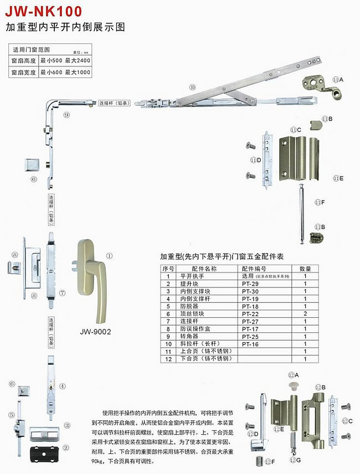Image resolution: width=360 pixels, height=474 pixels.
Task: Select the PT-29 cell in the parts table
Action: click(250, 284)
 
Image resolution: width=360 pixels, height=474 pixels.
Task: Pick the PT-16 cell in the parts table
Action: click(250, 344)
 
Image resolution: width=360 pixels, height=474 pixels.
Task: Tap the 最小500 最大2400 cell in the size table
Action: click(65, 60)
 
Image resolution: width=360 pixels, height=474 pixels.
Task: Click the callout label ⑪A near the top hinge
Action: click(338, 80)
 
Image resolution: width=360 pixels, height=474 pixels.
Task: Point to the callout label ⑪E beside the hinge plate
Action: click(338, 178)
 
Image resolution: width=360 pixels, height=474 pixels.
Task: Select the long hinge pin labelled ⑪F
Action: click(300, 214)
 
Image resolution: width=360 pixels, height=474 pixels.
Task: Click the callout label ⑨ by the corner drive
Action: click(66, 115)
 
